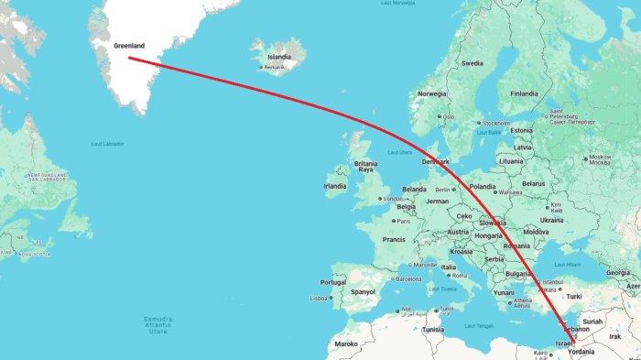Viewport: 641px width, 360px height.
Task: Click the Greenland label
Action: [x=129, y=45]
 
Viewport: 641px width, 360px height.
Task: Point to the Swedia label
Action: [x=473, y=63]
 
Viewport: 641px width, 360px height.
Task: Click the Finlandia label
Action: [x=525, y=93]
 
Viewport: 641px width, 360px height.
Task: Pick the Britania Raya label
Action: [x=366, y=166]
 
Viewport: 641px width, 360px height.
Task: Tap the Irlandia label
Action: [x=335, y=185]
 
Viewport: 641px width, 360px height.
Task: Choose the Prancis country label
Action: [x=394, y=239]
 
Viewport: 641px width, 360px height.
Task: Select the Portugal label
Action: [x=333, y=282]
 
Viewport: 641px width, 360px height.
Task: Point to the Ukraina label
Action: [x=552, y=220]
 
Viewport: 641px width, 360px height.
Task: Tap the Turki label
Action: [x=574, y=296]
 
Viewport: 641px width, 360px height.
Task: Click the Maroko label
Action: [x=346, y=344]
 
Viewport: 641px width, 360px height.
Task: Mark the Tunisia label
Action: [x=433, y=329]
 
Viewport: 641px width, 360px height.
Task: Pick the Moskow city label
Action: [x=601, y=157]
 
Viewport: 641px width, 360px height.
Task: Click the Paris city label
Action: [x=403, y=221]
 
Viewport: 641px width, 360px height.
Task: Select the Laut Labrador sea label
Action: [x=108, y=144]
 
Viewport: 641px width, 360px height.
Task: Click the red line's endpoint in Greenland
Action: [x=129, y=59]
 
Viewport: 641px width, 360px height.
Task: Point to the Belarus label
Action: [x=533, y=183]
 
